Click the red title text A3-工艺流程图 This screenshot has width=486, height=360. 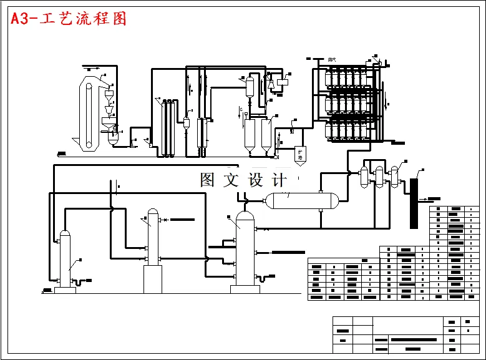(69, 19)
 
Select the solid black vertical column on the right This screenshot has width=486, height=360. (413, 203)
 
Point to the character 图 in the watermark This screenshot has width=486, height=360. (208, 180)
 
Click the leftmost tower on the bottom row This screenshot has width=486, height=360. (65, 259)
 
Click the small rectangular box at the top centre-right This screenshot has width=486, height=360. (283, 80)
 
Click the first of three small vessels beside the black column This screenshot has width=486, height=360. (364, 175)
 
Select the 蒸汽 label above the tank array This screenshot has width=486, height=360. (332, 59)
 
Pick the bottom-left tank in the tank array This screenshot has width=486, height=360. (331, 130)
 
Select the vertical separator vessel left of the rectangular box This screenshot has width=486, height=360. (250, 86)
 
